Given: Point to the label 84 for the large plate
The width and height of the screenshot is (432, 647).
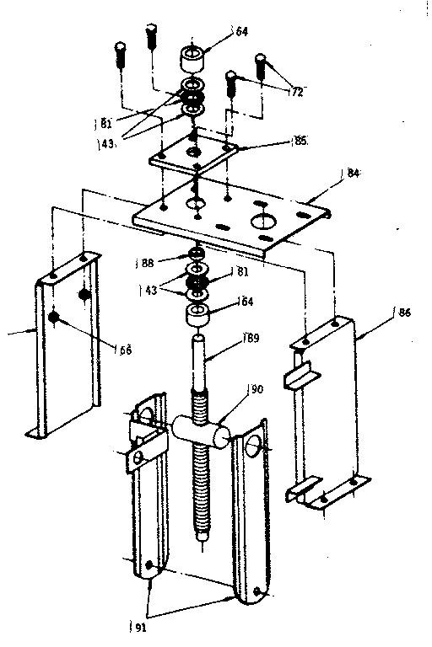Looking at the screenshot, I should point(352,174).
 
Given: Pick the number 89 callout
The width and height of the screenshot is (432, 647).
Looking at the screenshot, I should point(251,340).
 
